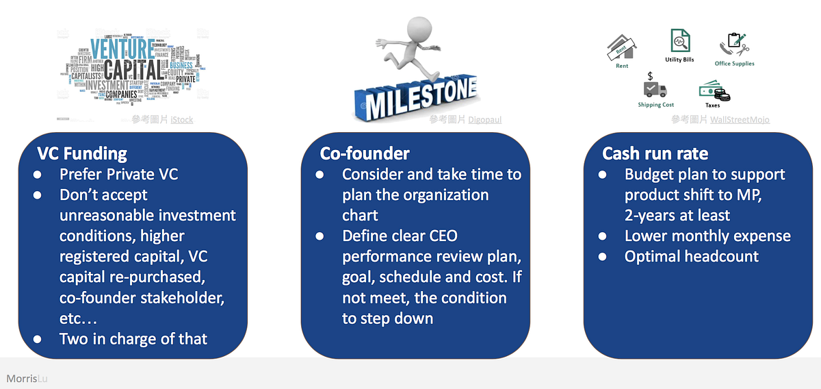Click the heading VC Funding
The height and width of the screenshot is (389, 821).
[82, 153]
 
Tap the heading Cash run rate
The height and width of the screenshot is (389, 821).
[655, 153]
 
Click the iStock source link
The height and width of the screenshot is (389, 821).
[181, 120]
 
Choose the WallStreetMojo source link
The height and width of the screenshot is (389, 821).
[740, 120]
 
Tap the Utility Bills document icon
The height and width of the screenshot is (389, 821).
[680, 40]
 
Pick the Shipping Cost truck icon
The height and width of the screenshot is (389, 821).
[654, 88]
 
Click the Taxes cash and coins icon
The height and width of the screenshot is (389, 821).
[713, 90]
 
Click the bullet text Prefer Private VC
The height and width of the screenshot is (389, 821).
[118, 175]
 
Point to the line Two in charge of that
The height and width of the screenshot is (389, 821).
[133, 338]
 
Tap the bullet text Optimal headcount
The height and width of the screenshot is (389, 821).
[691, 257]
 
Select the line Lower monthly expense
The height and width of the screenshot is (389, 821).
[707, 236]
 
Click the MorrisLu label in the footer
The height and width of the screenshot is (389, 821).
[27, 378]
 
